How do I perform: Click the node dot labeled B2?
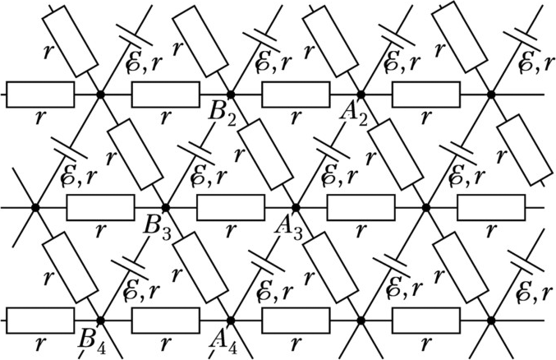click(230, 95)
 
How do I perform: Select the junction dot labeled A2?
click(361, 95)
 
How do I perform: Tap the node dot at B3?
click(165, 207)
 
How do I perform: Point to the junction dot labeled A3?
click(296, 207)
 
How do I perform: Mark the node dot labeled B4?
click(100, 320)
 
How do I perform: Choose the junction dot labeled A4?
click(231, 320)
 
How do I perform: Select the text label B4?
click(92, 339)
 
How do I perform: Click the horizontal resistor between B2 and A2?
click(296, 95)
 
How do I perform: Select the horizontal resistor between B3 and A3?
click(231, 207)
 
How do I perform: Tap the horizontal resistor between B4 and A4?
click(165, 320)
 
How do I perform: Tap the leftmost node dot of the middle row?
click(35, 207)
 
